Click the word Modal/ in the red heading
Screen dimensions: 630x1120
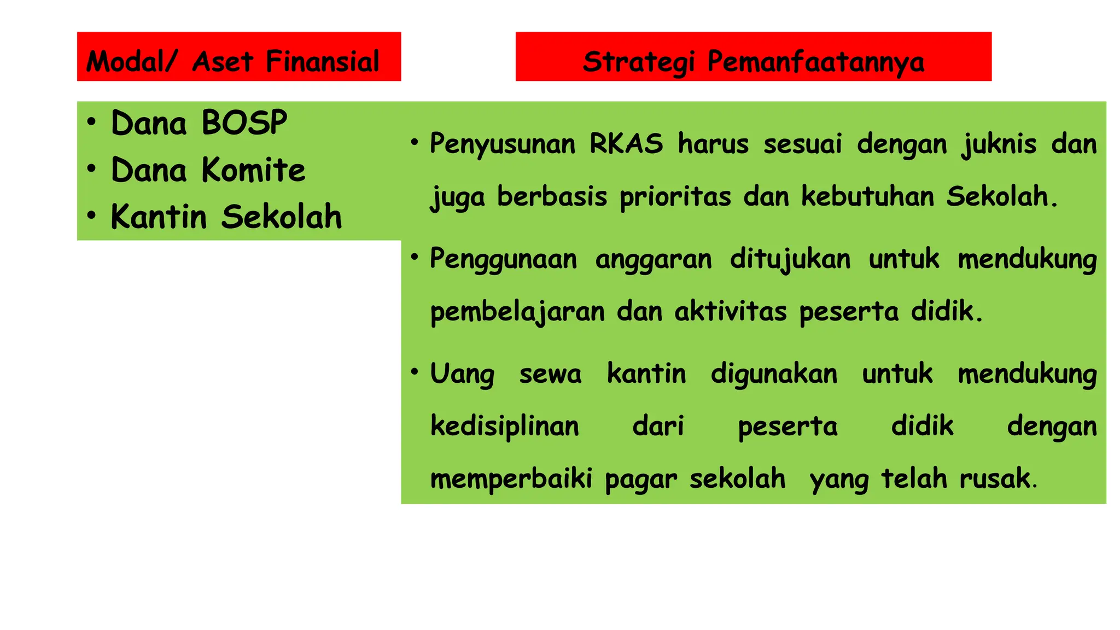pyautogui.click(x=131, y=61)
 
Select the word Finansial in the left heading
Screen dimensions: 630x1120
pyautogui.click(x=322, y=61)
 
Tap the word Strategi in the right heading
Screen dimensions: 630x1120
pyautogui.click(x=639, y=62)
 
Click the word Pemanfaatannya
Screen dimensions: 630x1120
pyautogui.click(x=815, y=62)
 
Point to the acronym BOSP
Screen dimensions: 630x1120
pyautogui.click(x=244, y=122)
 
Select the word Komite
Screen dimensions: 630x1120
pyautogui.click(x=253, y=170)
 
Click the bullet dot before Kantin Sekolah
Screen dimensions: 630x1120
pyautogui.click(x=91, y=215)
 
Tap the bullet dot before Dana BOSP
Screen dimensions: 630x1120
pyautogui.click(x=91, y=121)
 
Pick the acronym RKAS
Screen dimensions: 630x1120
pyautogui.click(x=626, y=144)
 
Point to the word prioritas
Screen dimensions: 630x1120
pyautogui.click(x=675, y=197)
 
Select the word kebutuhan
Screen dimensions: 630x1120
pyautogui.click(x=867, y=196)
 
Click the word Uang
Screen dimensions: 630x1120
pyautogui.click(x=462, y=375)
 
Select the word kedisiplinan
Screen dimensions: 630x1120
pyautogui.click(x=504, y=426)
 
